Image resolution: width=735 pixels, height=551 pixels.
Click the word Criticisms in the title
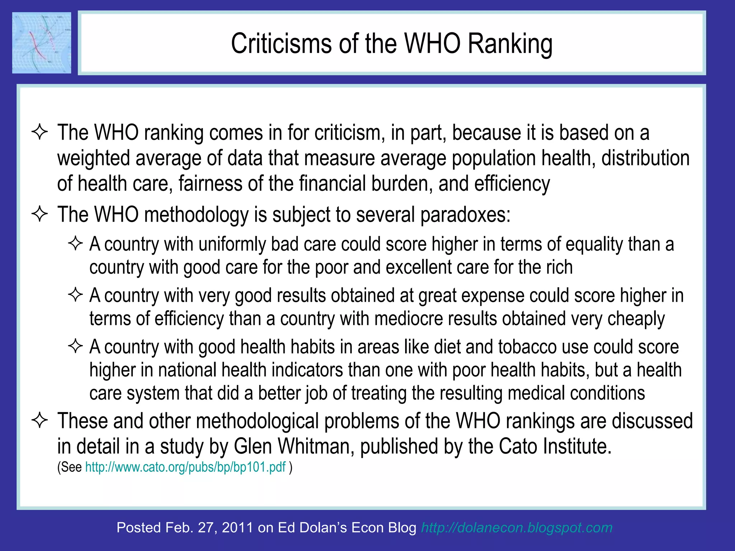(x=281, y=44)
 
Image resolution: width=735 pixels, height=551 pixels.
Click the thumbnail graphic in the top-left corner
(x=42, y=43)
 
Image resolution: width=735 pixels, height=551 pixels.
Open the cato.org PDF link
(x=185, y=467)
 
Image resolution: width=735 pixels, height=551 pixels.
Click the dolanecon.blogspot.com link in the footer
(x=516, y=528)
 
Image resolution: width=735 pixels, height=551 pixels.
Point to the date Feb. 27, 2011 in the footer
(x=209, y=528)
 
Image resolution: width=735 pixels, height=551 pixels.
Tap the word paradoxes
(x=465, y=215)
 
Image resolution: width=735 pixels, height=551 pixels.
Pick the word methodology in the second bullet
(x=196, y=215)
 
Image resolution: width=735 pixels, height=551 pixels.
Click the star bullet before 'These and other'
(x=39, y=420)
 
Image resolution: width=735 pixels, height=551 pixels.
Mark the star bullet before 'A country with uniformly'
(x=75, y=244)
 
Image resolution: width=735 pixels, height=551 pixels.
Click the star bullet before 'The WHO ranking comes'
(x=39, y=132)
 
